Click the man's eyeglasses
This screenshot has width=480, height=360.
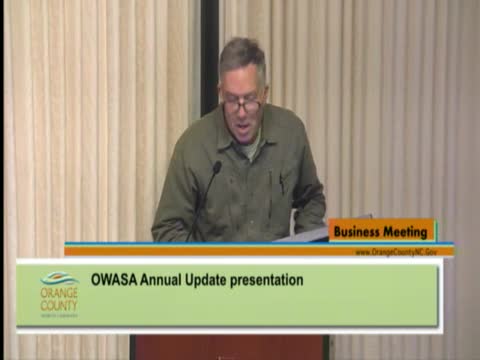pyautogui.click(x=242, y=104)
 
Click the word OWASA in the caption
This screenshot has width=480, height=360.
pyautogui.click(x=112, y=280)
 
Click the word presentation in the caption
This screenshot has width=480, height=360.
pyautogui.click(x=268, y=280)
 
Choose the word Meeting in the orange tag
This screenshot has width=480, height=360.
pyautogui.click(x=408, y=232)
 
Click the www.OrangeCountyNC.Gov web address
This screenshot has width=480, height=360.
pyautogui.click(x=397, y=251)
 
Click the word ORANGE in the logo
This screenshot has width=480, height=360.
pyautogui.click(x=59, y=292)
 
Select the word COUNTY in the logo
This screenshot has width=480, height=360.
pyautogui.click(x=59, y=303)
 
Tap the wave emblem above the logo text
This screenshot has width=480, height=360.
pyautogui.click(x=58, y=277)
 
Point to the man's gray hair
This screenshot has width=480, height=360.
pyautogui.click(x=242, y=55)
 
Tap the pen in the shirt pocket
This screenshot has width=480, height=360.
pyautogui.click(x=283, y=183)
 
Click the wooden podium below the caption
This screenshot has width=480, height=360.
pyautogui.click(x=230, y=347)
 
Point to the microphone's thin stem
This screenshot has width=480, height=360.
pyautogui.click(x=202, y=200)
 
